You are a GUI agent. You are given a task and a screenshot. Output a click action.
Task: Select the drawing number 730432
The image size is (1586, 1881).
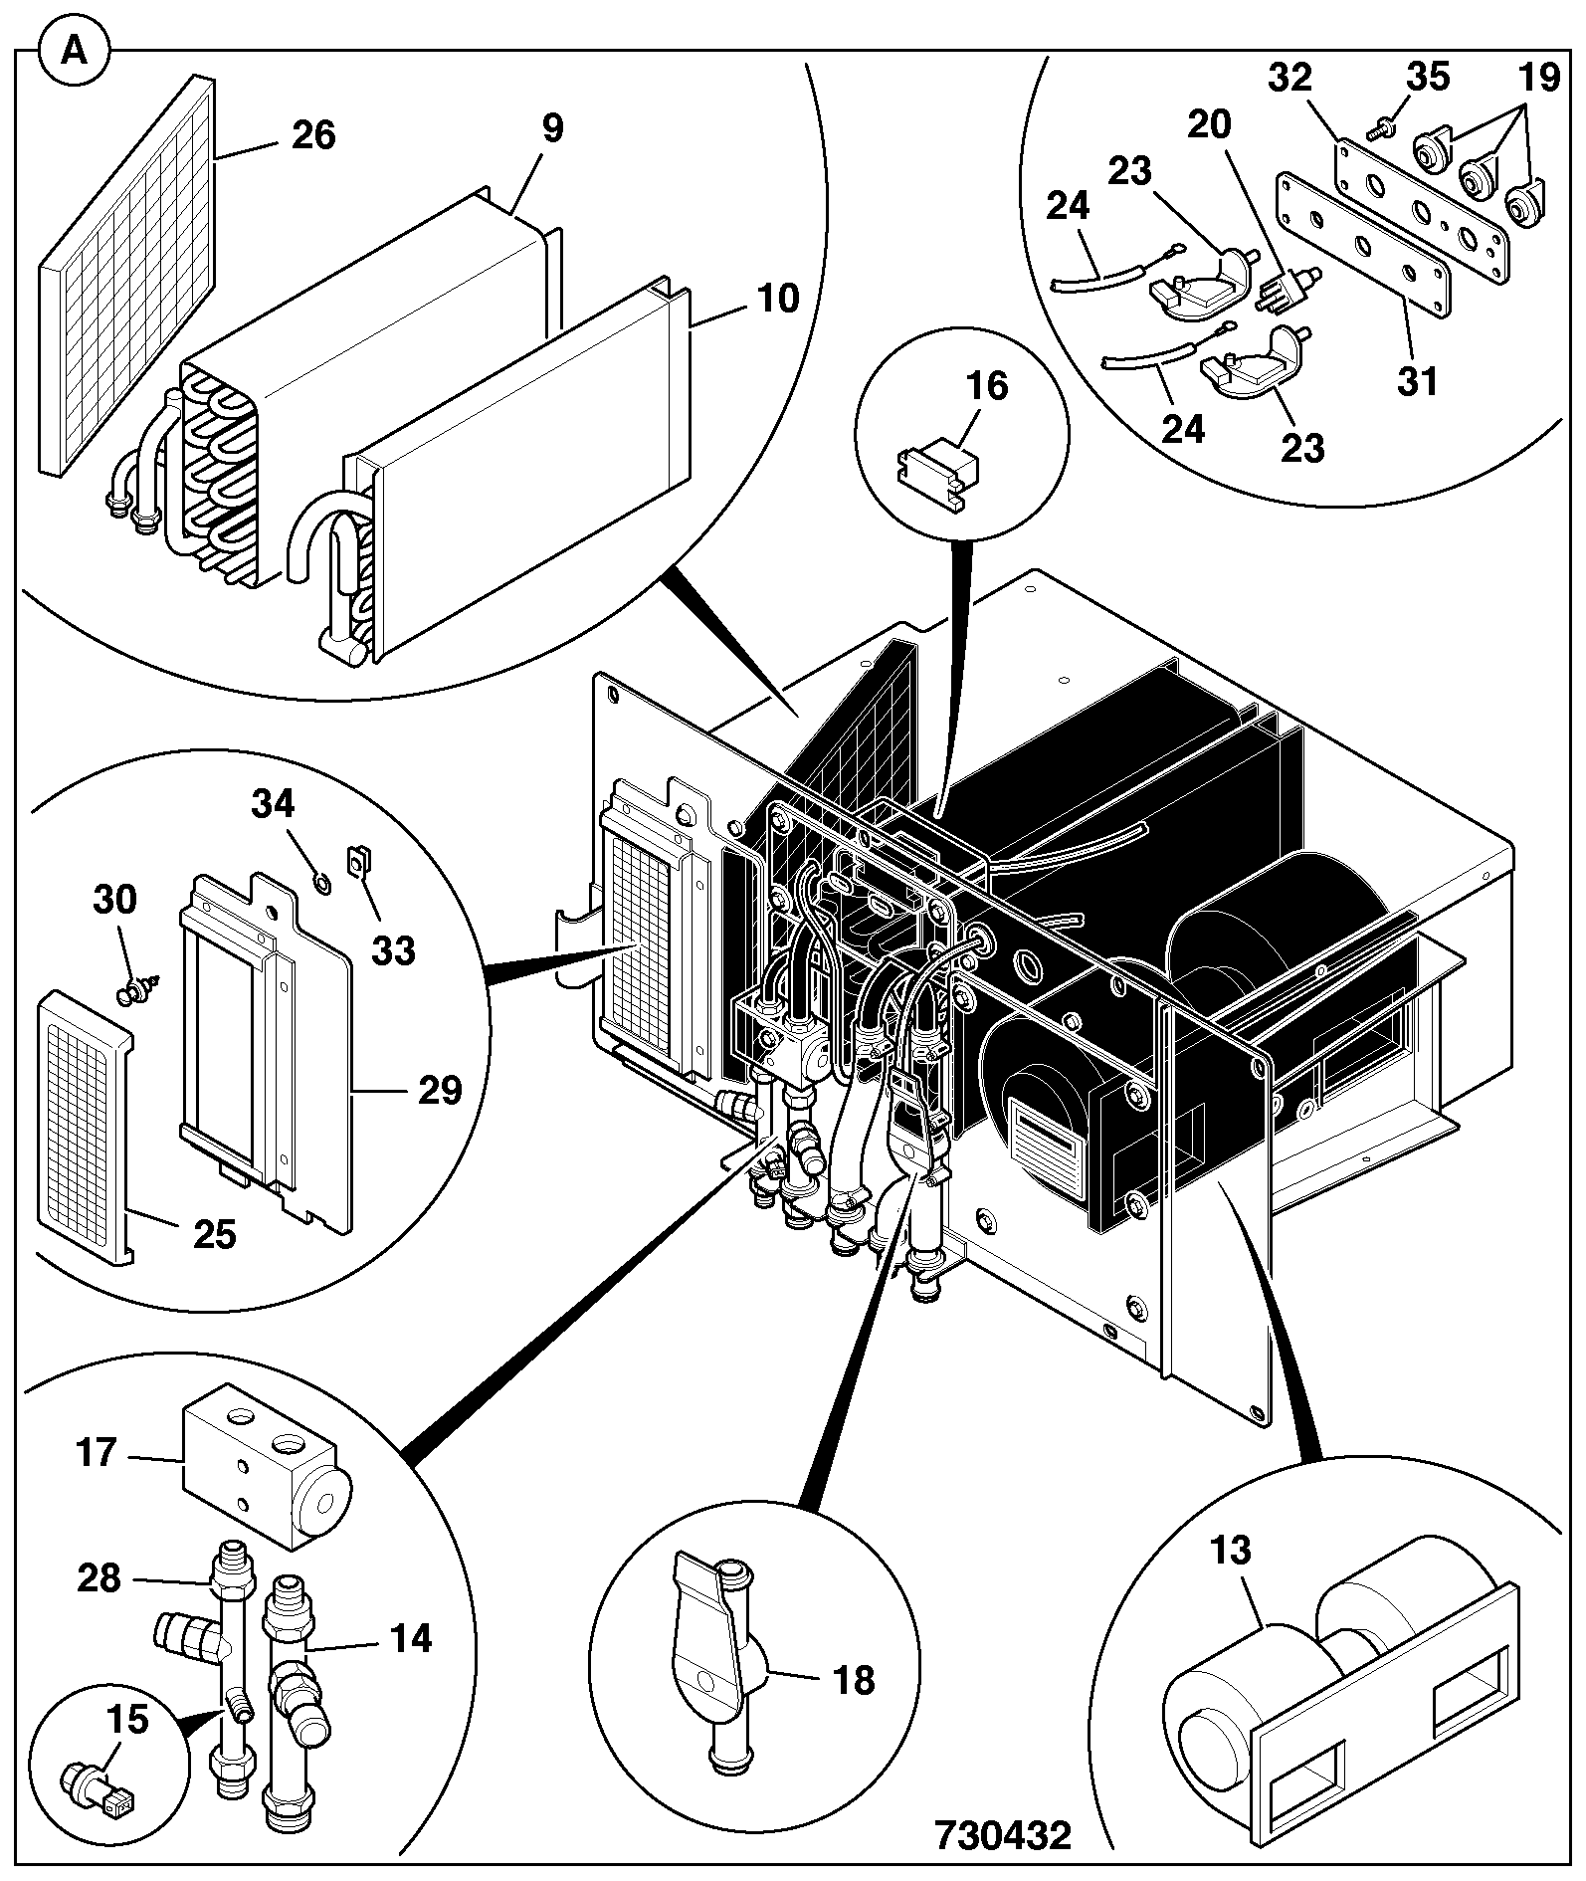pyautogui.click(x=1002, y=1834)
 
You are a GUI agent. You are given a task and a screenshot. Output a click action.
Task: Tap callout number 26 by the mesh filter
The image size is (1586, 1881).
pyautogui.click(x=313, y=135)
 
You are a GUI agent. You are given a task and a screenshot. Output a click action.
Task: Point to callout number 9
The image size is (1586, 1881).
pyautogui.click(x=552, y=128)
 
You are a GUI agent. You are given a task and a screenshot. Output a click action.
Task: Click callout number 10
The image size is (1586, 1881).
pyautogui.click(x=778, y=297)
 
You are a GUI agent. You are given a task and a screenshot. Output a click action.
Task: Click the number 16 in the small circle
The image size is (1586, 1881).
pyautogui.click(x=987, y=387)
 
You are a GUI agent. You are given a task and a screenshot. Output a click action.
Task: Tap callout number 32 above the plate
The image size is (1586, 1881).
pyautogui.click(x=1290, y=78)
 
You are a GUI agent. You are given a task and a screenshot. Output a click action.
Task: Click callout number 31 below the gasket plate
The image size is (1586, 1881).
pyautogui.click(x=1417, y=379)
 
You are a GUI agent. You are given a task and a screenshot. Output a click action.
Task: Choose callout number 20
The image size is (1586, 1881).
pyautogui.click(x=1209, y=124)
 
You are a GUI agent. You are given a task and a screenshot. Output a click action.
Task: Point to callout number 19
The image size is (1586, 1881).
pyautogui.click(x=1539, y=78)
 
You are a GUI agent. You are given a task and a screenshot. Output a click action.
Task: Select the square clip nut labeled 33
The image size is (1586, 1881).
pyautogui.click(x=359, y=858)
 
